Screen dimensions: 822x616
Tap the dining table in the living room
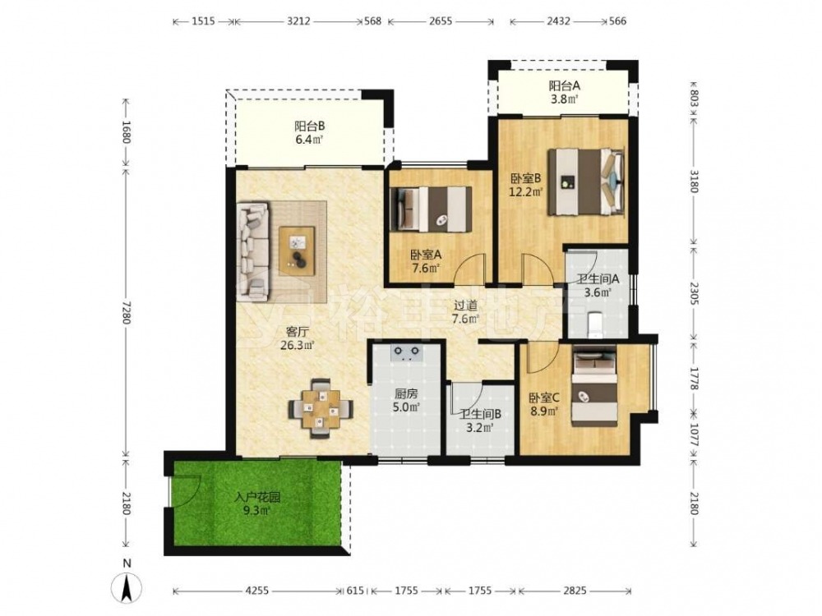tap(321, 408)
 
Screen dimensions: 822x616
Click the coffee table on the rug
tap(298, 251)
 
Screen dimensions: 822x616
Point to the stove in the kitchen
tap(406, 353)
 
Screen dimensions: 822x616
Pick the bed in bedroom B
tap(586, 182)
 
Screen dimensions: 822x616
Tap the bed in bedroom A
tap(432, 209)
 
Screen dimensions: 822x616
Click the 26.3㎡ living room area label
tap(297, 345)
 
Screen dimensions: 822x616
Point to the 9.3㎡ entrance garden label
tap(256, 510)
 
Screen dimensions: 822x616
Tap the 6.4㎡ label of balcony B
tap(309, 140)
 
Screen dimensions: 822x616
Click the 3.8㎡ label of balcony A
tap(565, 99)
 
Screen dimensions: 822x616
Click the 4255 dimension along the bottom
tap(256, 591)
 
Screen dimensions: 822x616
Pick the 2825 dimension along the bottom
tap(575, 591)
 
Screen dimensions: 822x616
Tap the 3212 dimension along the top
tap(299, 21)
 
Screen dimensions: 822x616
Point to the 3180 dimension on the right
tap(694, 181)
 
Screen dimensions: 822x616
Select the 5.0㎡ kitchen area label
tap(406, 407)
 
